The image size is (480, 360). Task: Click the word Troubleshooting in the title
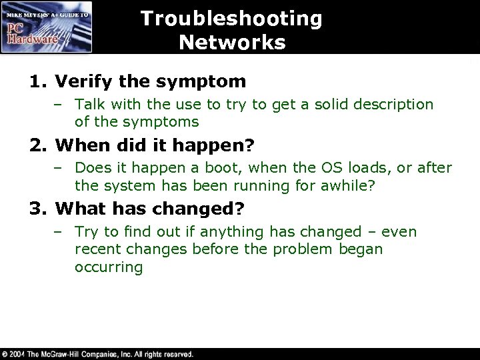(231, 19)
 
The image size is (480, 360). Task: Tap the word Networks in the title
(232, 43)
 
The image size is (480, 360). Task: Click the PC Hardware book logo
(46, 27)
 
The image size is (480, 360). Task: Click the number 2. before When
(39, 145)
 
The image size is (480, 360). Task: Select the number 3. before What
(39, 209)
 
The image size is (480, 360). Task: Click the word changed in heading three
(194, 209)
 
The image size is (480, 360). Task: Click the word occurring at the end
(109, 267)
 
